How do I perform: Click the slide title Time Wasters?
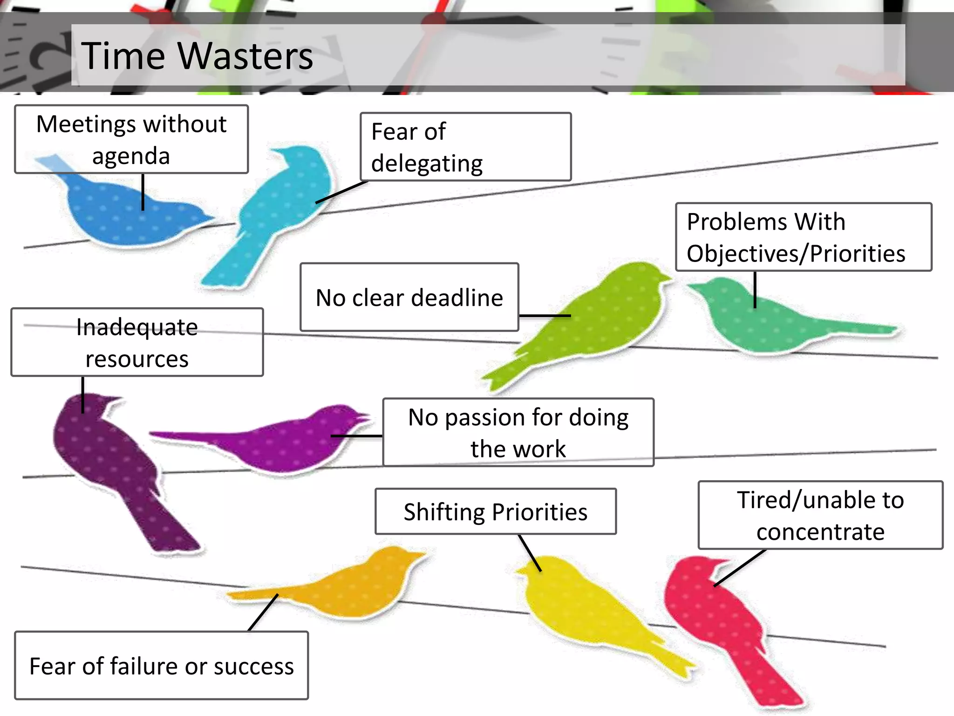pos(197,56)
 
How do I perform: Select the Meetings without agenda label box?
pos(131,139)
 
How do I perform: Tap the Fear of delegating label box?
pos(465,147)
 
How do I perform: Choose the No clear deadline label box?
pos(409,297)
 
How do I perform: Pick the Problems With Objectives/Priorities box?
pos(803,237)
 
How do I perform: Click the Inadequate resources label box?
pos(137,343)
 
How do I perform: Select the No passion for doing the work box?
pos(518,433)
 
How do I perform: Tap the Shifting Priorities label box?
pos(495,512)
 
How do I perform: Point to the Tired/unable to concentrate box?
pos(820,516)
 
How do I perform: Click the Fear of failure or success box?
pos(161,666)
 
